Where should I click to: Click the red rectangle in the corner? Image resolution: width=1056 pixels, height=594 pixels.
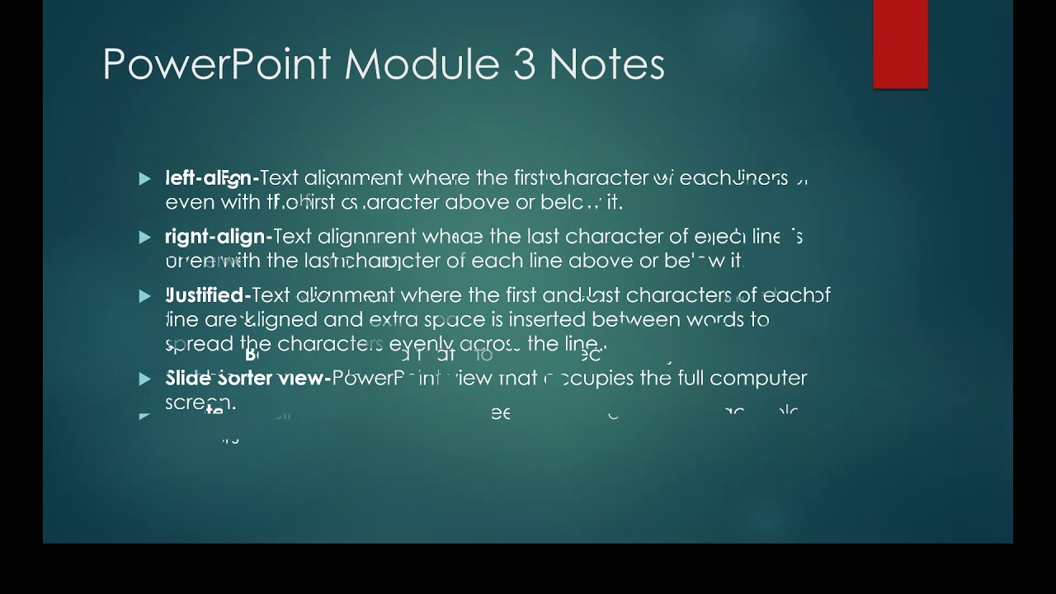tap(900, 44)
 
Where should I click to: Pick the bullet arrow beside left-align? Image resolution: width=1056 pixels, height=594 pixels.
tap(146, 178)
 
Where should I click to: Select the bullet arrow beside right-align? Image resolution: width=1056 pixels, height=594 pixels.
tap(146, 238)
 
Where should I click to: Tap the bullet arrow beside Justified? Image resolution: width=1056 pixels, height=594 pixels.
tap(146, 296)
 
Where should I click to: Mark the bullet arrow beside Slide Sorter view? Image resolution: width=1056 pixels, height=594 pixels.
tap(146, 379)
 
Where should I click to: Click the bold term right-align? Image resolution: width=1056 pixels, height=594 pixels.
tap(218, 238)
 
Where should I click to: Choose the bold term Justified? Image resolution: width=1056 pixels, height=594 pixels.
tap(208, 295)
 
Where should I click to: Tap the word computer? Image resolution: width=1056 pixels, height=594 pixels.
tap(758, 379)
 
